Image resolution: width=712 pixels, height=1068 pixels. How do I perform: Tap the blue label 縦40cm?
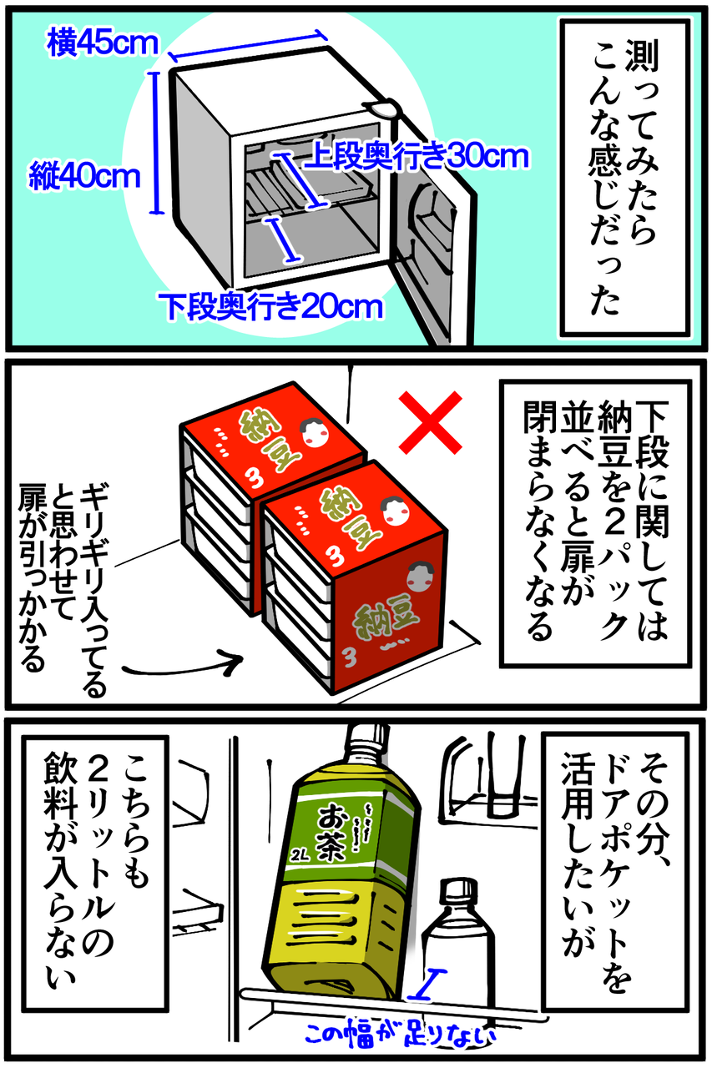coord(84,176)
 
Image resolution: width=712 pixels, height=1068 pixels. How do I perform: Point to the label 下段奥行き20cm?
coord(271,306)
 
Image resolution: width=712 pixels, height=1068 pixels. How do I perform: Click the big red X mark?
coord(431,422)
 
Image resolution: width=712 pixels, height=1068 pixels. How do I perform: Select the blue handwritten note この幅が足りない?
coord(400,1034)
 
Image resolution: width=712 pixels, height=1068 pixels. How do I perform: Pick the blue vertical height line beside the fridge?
coord(156,143)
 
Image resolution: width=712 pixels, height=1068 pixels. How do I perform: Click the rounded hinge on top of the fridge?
coord(383,107)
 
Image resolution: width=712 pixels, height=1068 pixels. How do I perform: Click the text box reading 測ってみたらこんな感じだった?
coord(624,179)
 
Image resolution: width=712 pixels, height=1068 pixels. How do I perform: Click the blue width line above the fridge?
coord(248,45)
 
